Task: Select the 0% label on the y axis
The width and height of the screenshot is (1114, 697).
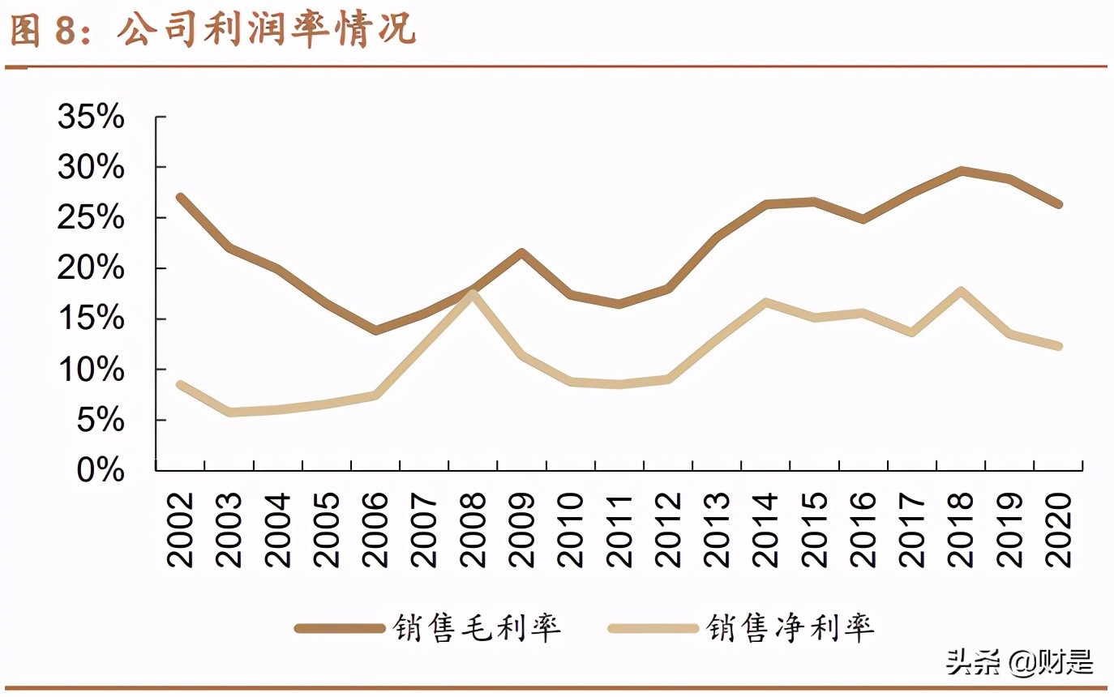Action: (102, 470)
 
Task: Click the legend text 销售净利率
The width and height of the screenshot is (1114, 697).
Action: (791, 628)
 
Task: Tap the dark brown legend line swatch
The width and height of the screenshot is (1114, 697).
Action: (339, 628)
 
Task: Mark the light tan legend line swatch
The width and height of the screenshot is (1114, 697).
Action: (653, 628)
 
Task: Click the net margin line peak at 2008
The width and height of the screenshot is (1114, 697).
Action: (473, 293)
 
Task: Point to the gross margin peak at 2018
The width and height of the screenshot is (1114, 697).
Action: (961, 170)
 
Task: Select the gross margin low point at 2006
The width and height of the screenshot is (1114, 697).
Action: (375, 330)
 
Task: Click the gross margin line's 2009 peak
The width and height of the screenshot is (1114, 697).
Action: (521, 252)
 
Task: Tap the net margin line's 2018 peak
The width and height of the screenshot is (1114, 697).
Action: (961, 291)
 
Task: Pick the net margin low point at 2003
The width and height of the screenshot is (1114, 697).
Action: (229, 413)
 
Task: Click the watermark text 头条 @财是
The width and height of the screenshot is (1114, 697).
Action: (1019, 662)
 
